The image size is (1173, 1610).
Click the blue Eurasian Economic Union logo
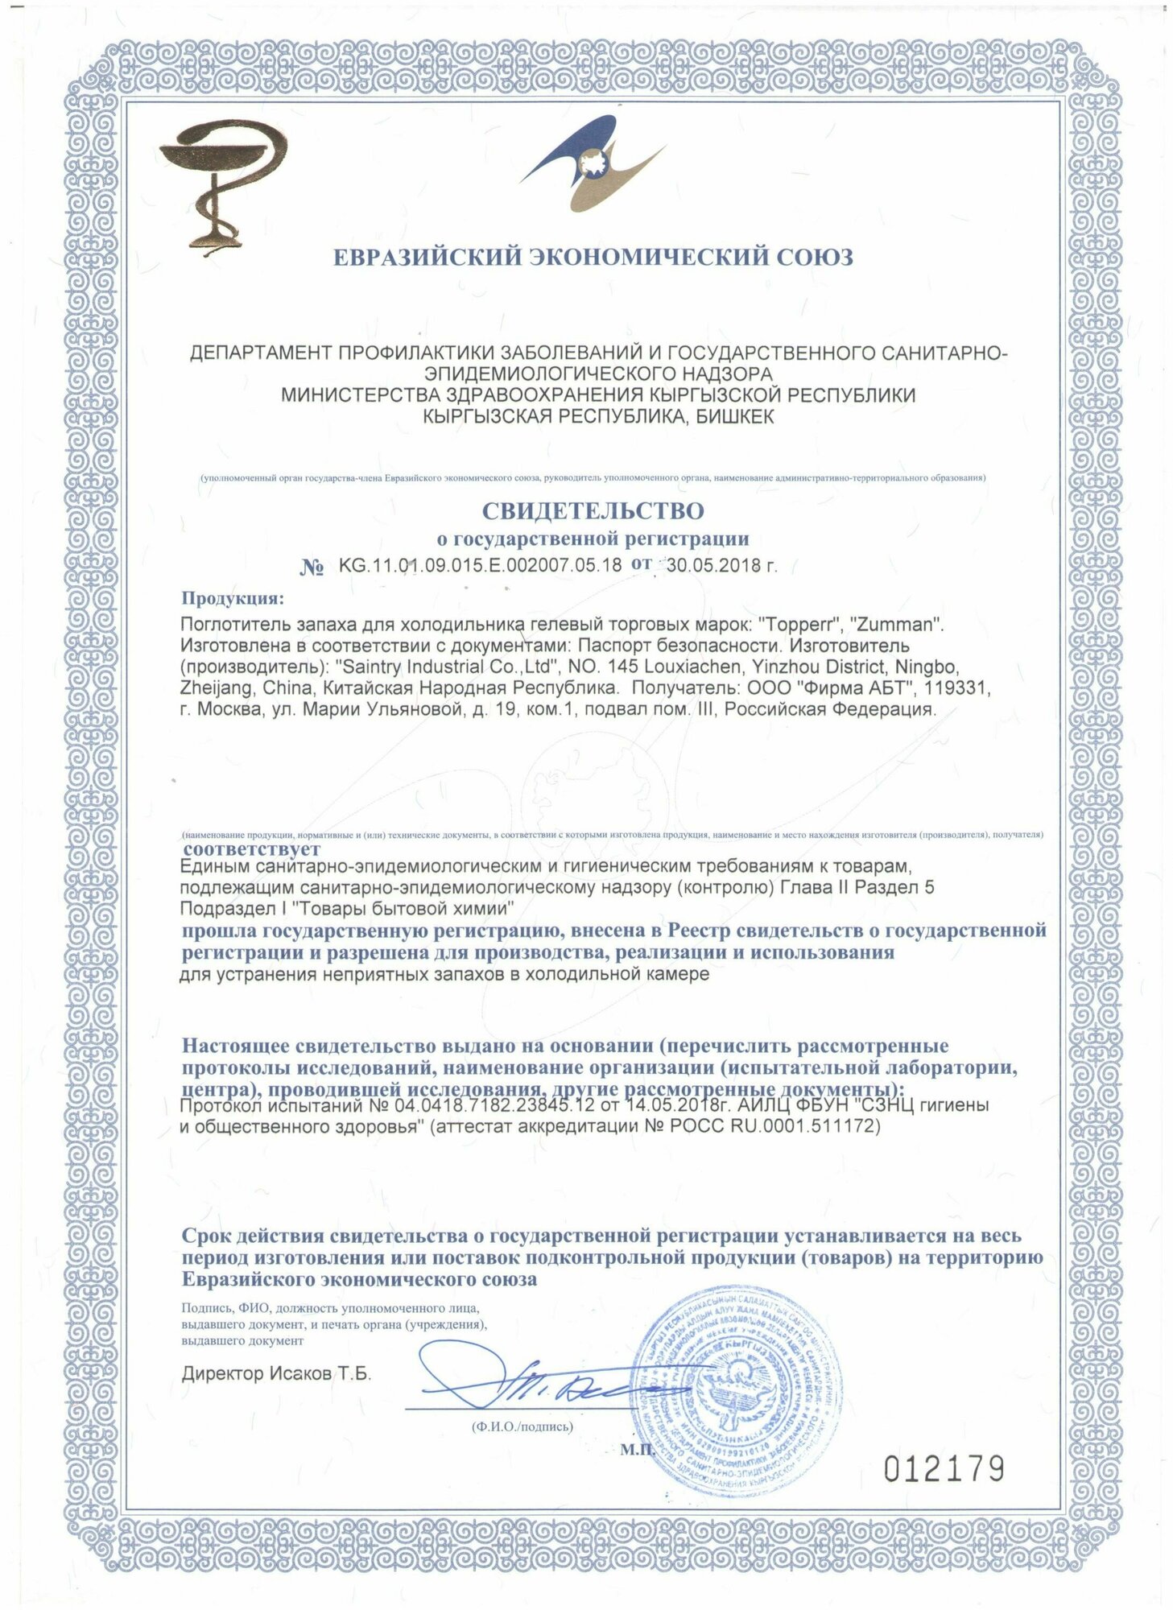click(592, 164)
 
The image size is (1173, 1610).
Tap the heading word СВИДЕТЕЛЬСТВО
click(593, 510)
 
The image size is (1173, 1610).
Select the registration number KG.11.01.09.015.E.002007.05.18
click(480, 564)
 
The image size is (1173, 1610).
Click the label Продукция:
click(232, 598)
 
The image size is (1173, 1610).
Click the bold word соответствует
click(251, 848)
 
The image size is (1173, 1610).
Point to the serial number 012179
click(944, 1469)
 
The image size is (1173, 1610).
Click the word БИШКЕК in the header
click(733, 416)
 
